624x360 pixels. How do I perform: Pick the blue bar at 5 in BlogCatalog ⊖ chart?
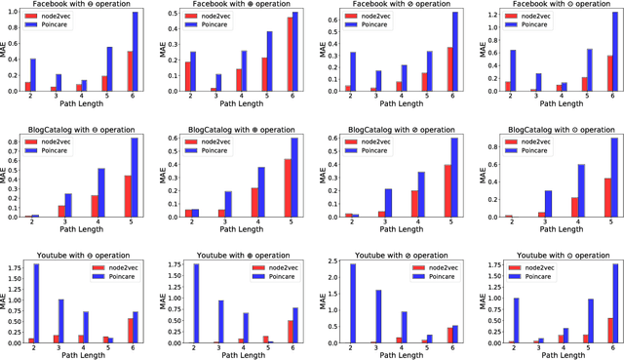pyautogui.click(x=134, y=178)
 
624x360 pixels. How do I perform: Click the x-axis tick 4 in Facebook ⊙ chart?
pyautogui.click(x=559, y=98)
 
